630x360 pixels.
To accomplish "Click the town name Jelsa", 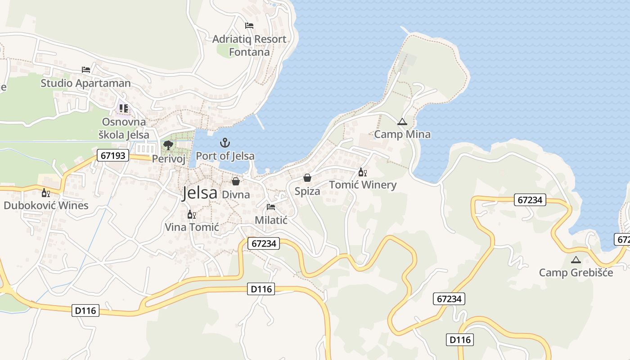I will [200, 193].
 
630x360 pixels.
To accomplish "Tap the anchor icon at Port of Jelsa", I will [225, 143].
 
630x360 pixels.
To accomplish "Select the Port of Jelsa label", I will [225, 156].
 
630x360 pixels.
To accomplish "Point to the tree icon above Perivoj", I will [168, 145].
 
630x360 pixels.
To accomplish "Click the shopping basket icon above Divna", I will [235, 181].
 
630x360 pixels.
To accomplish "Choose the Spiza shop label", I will [307, 191].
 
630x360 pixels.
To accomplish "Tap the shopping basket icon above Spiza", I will [307, 178].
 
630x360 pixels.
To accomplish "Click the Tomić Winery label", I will [363, 185].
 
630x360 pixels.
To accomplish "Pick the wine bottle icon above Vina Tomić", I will [192, 215].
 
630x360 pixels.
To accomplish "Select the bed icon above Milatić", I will [271, 207].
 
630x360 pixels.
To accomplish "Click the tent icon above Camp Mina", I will [402, 121].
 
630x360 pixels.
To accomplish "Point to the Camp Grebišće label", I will [576, 272].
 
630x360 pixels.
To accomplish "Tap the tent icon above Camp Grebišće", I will [576, 260].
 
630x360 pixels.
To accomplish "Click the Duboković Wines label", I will [46, 206].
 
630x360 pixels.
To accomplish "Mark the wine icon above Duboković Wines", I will [46, 193].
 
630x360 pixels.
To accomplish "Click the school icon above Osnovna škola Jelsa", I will [124, 108].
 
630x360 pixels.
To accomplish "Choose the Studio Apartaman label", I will [85, 83].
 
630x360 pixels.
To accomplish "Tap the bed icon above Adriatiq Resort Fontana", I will [249, 26].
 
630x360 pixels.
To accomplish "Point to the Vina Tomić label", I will [192, 227].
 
